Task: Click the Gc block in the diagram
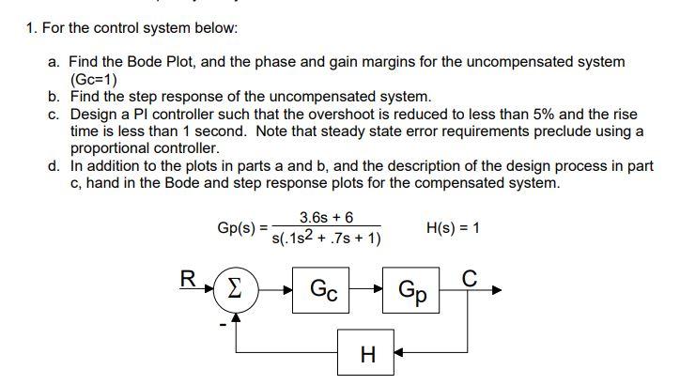pyautogui.click(x=324, y=288)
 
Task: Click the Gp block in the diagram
pyautogui.click(x=414, y=288)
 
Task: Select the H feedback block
pyautogui.click(x=368, y=353)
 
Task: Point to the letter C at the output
pyautogui.click(x=470, y=277)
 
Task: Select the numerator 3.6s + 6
pyautogui.click(x=326, y=217)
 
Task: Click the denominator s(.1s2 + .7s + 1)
pyautogui.click(x=325, y=239)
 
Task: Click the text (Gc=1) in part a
pyautogui.click(x=94, y=79)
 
